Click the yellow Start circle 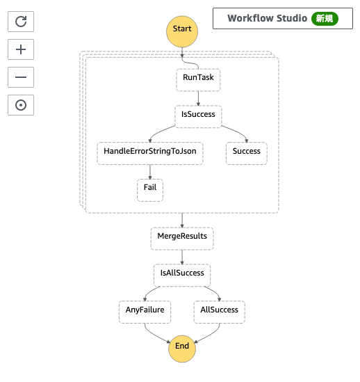point(182,29)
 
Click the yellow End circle point(182,346)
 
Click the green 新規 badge point(325,19)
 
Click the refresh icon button point(21,22)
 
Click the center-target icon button point(21,105)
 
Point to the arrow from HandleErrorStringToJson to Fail point(150,171)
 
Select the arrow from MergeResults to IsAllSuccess point(182,256)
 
